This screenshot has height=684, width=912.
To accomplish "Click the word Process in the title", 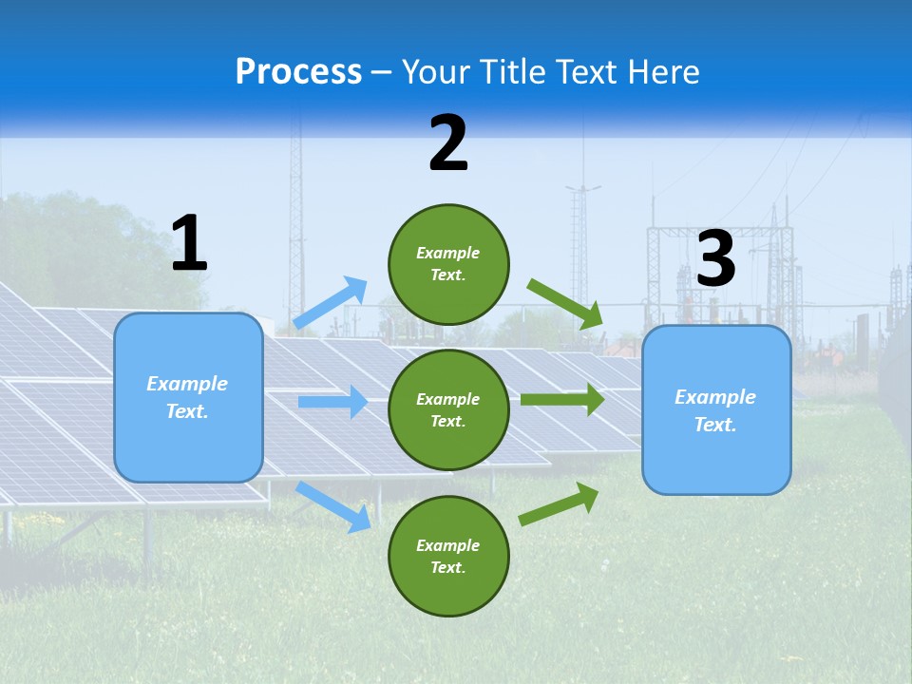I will [x=298, y=72].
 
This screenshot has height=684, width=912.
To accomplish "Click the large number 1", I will [x=189, y=244].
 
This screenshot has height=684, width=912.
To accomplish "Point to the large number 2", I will [x=448, y=144].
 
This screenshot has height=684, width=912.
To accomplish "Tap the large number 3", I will [x=715, y=259].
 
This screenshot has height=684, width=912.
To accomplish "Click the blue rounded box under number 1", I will [x=188, y=397].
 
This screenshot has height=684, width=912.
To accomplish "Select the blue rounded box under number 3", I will [x=716, y=409].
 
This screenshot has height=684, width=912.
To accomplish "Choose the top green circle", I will [x=448, y=264].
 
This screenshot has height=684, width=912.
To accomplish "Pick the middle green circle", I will [x=448, y=409].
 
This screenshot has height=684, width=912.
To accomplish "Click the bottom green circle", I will [x=448, y=556].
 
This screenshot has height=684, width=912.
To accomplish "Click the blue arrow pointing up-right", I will [x=331, y=302].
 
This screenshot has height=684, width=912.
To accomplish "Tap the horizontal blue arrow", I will [x=332, y=402].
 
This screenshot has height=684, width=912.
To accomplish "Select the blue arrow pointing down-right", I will [x=333, y=506].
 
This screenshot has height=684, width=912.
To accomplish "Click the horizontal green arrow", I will [x=562, y=399].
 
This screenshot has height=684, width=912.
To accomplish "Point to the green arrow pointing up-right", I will [x=560, y=503].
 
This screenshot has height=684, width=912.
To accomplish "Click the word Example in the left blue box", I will [x=187, y=384].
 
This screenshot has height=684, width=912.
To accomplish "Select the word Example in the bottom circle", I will [x=447, y=545].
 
